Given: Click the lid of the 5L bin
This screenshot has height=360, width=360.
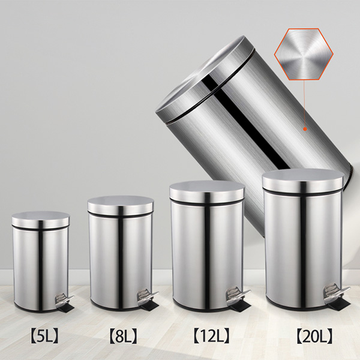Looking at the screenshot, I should tap(40, 220).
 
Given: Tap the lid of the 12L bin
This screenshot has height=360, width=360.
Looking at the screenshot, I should tap(206, 191).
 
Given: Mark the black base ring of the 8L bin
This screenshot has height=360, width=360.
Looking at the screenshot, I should tap(114, 307).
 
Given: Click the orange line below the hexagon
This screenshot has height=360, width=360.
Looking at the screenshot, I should tap(304, 102).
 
